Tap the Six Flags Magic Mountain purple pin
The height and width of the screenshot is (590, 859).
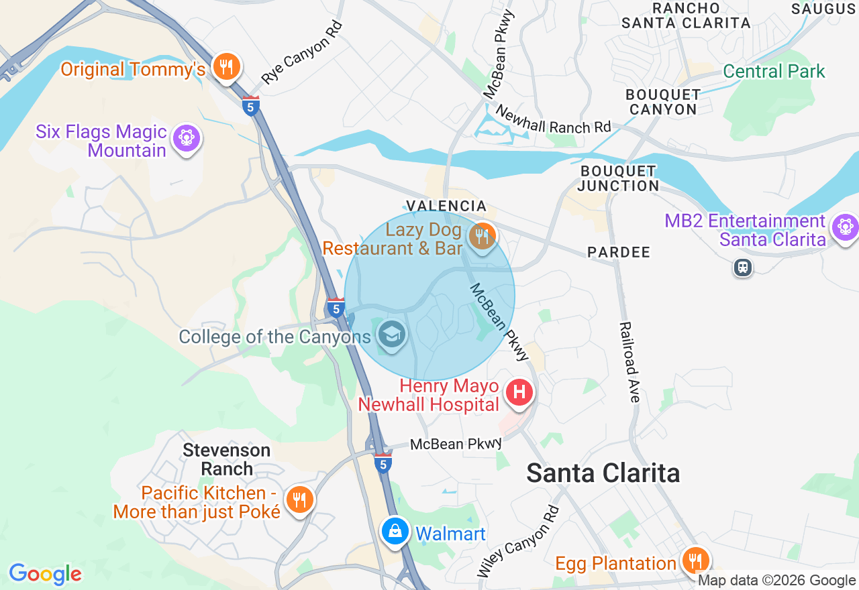point(186,138)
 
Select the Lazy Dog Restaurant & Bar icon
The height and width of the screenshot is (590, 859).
point(481,236)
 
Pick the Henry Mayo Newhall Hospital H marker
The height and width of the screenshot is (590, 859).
point(519,392)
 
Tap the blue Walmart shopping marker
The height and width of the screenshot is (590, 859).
point(395,531)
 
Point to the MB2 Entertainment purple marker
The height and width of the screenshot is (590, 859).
point(844,227)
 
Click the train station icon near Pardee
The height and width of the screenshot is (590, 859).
point(742,268)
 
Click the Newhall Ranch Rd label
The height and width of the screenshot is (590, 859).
point(554,119)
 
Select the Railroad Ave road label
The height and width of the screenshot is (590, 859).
point(630,362)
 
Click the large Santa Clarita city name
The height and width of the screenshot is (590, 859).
point(603,473)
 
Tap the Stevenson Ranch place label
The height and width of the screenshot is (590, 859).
point(226,459)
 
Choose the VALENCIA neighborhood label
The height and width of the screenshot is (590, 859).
point(446,206)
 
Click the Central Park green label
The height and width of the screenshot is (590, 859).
point(774,71)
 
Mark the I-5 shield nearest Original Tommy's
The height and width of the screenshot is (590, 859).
point(251,106)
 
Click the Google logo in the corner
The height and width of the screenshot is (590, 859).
point(45,574)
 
